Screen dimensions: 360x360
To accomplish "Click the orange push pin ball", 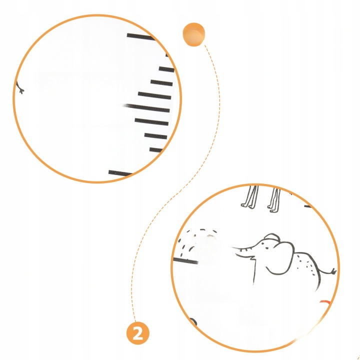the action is [x=193, y=34].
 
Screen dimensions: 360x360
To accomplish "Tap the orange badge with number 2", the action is [x=138, y=333].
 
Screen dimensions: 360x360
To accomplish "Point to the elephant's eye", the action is [x=267, y=248].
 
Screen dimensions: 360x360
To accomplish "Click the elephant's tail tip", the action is [x=334, y=271].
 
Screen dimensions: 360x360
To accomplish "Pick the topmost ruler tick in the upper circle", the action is [x=141, y=36].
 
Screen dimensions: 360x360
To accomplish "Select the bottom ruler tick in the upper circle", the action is [x=120, y=173].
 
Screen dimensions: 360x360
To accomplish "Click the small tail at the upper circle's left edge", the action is [x=19, y=87].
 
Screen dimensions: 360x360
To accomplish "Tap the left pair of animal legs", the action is [x=250, y=197].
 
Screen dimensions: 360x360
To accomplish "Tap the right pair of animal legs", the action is [x=274, y=199].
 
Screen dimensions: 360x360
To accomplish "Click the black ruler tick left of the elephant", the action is [x=185, y=260].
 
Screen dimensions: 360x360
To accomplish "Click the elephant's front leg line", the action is [x=254, y=271].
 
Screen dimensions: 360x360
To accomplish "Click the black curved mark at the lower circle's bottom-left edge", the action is [x=193, y=321].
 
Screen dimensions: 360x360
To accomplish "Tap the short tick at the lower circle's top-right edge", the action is [x=308, y=206].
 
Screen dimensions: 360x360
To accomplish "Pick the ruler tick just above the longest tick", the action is [x=154, y=95].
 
